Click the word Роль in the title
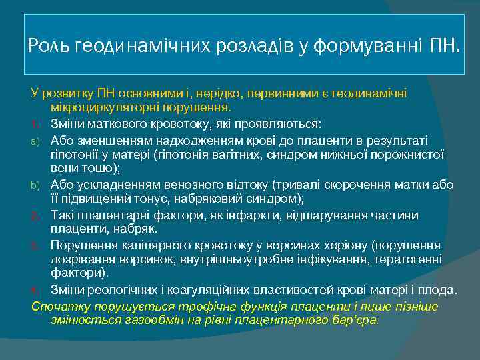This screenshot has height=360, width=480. [x=50, y=46]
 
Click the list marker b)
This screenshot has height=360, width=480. [x=37, y=185]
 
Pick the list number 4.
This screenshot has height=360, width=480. [x=37, y=290]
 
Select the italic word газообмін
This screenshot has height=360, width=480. [x=141, y=319]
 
